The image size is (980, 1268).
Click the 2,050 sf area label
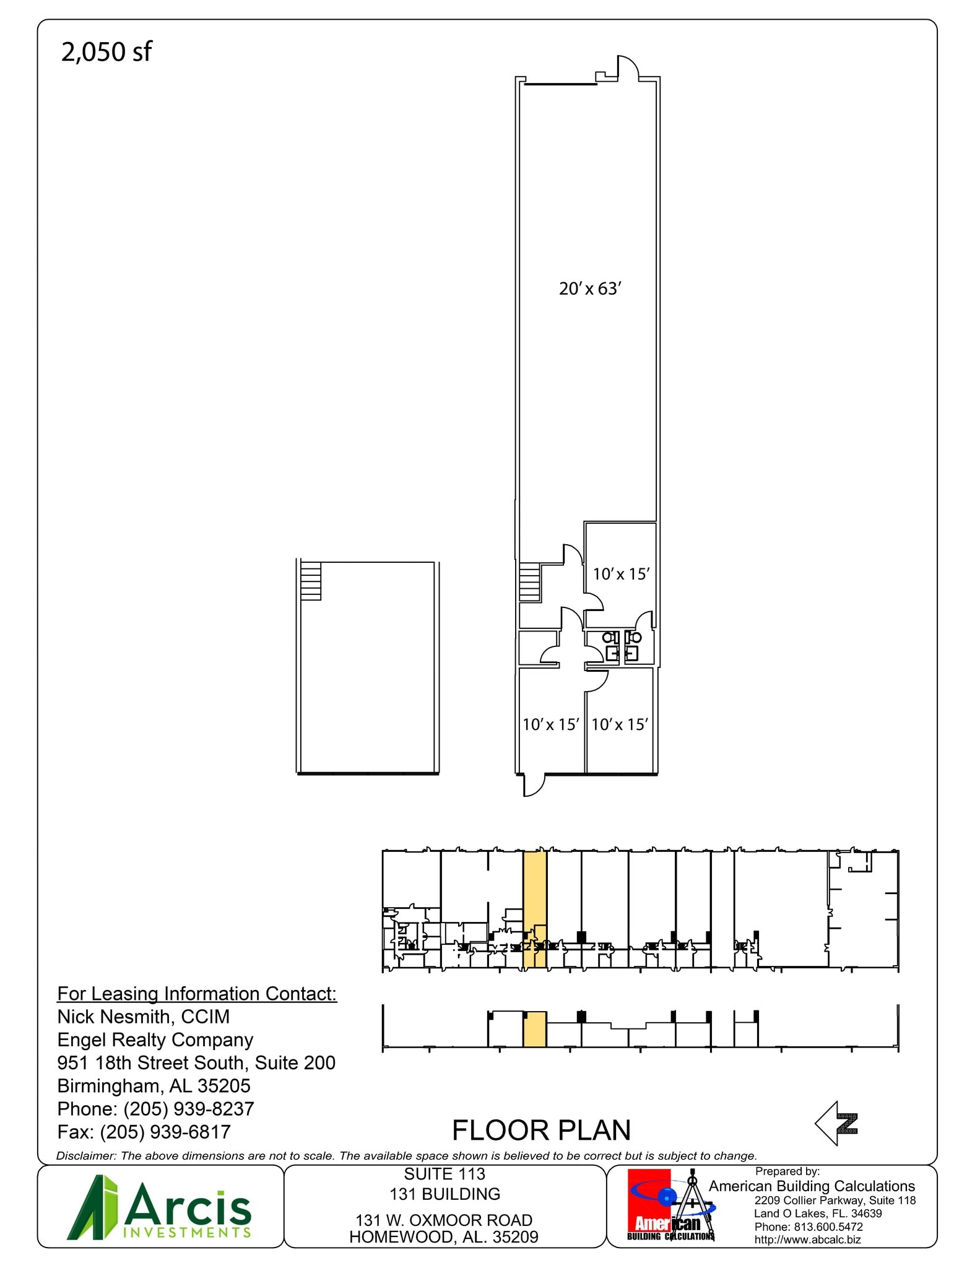106,52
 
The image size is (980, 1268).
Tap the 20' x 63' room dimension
589,289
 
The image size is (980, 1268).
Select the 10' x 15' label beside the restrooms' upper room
620,574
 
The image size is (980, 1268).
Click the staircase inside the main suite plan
529,582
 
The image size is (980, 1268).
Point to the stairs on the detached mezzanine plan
311,580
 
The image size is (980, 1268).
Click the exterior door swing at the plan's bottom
534,785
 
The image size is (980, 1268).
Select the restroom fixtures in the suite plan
622,646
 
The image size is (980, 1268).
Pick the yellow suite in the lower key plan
535,1029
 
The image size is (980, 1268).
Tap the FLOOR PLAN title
541,1131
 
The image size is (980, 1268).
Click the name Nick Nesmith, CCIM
143,1017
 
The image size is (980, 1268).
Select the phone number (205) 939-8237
189,1108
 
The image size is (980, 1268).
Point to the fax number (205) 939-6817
165,1132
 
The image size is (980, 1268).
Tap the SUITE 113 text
444,1174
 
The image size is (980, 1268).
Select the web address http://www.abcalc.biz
807,1240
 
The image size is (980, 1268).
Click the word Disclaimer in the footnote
85,1156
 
